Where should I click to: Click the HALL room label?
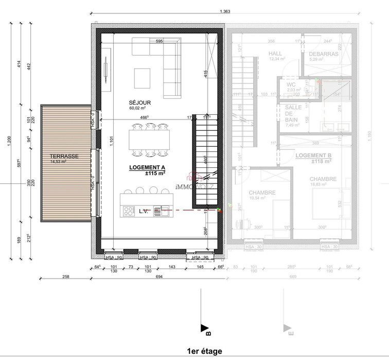pos(276,54)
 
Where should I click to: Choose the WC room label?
pos(291,84)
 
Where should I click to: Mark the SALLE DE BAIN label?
pos(293,113)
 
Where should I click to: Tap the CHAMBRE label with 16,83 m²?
pos(323,179)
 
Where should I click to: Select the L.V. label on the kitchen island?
pos(144,211)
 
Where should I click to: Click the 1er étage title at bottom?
pos(205,351)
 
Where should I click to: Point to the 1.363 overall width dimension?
pos(225,11)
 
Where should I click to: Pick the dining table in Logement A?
pos(150,139)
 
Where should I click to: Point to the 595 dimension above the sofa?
pos(159,41)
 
